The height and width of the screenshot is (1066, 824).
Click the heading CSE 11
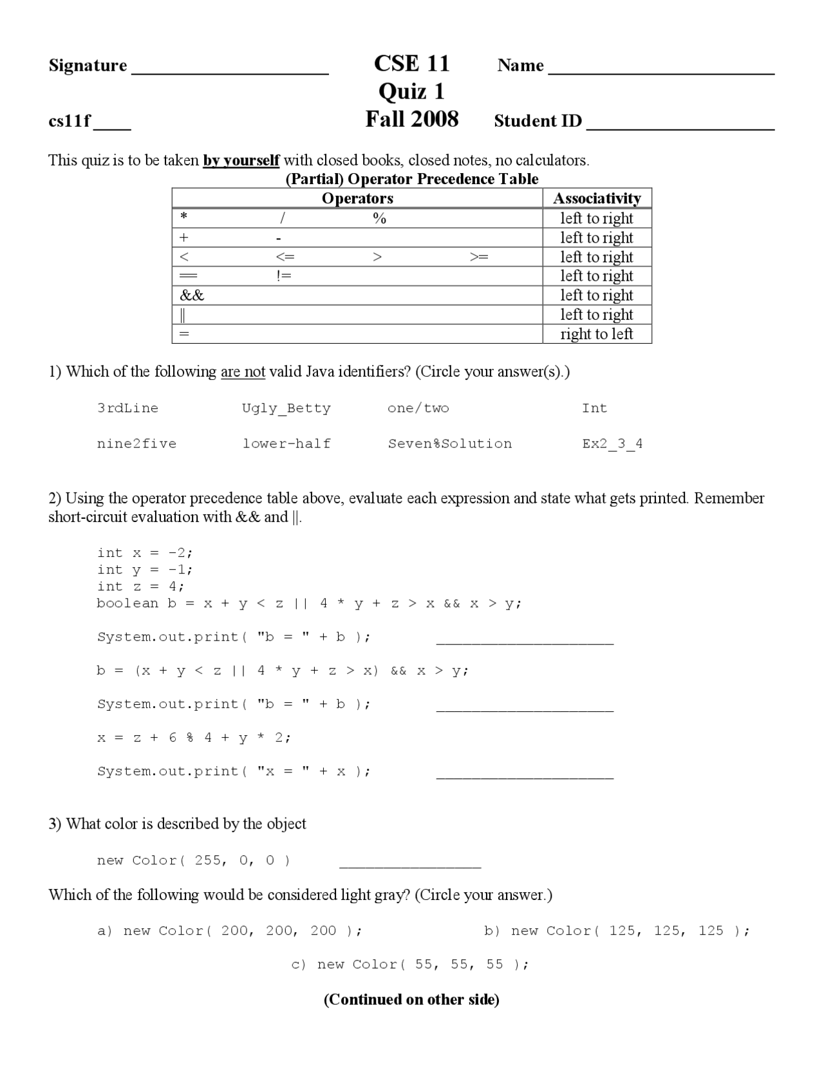[x=411, y=63]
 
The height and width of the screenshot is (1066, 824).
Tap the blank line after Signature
[x=230, y=70]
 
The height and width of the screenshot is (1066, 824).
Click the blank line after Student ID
[x=680, y=125]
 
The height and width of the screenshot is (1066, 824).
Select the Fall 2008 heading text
[x=411, y=119]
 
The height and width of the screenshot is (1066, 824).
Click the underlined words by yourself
[x=241, y=160]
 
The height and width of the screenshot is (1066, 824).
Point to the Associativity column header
[x=597, y=198]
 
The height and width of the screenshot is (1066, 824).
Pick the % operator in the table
[x=379, y=219]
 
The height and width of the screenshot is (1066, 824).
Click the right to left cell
[x=597, y=334]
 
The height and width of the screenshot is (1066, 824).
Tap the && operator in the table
[x=192, y=295]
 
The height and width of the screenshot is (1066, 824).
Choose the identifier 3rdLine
[x=127, y=408]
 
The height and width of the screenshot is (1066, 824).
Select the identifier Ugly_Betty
[x=286, y=408]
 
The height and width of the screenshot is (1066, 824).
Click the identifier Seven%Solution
[x=449, y=444]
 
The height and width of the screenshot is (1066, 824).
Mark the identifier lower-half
[x=286, y=444]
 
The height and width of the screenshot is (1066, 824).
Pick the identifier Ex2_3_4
[x=612, y=444]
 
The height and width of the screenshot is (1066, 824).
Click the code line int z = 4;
[x=140, y=586]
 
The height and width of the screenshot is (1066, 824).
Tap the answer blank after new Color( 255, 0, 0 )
[x=409, y=863]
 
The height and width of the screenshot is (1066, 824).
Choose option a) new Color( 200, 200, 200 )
[x=230, y=931]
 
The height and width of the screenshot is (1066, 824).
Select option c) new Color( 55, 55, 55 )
[x=410, y=964]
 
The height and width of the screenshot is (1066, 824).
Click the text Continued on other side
[x=411, y=1000]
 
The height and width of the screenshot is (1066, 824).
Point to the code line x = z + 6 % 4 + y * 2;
[x=194, y=738]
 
